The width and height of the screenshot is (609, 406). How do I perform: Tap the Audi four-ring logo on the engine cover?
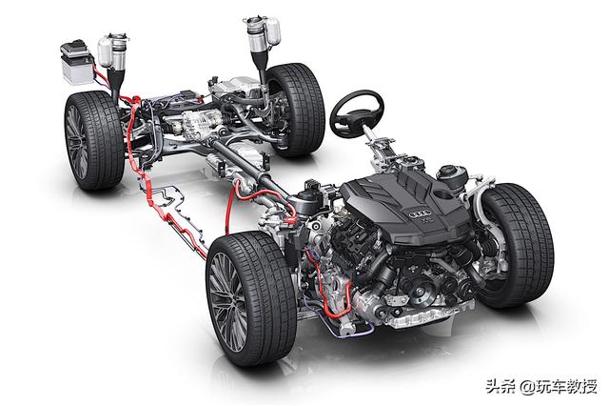pos(421,213)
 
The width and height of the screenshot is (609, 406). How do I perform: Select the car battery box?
pos(77,62)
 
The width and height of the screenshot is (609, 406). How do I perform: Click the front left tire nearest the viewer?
pos(252,297)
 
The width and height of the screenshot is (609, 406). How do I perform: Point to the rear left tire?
pos(94,140)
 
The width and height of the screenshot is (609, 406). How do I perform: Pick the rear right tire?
pos(296,109)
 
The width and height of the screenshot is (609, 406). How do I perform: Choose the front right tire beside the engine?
pos(516,245)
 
